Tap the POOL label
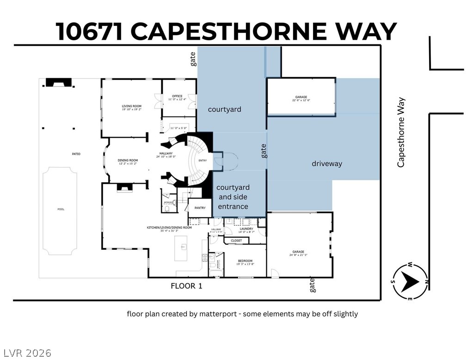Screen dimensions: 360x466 tap(61, 209)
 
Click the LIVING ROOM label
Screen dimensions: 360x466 tap(131, 106)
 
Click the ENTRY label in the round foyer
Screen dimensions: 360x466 tap(203, 160)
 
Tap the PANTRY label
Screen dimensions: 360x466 tap(200, 208)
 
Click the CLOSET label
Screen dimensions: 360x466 tap(236, 241)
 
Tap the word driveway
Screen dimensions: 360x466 tap(326, 163)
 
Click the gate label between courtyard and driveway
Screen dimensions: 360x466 tap(264, 151)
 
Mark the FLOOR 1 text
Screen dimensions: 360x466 tap(186, 286)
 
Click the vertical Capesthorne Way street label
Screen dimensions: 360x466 tap(401, 132)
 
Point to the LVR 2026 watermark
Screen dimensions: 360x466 tap(26, 353)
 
